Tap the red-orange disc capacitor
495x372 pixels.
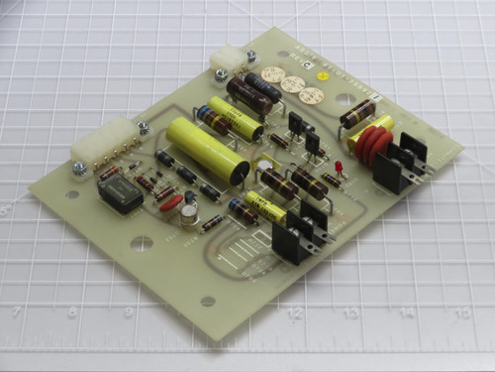tap(170, 202)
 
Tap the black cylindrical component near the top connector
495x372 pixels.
tap(262, 86)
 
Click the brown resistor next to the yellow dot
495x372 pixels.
tap(357, 111)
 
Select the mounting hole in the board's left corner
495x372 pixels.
tap(72, 194)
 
